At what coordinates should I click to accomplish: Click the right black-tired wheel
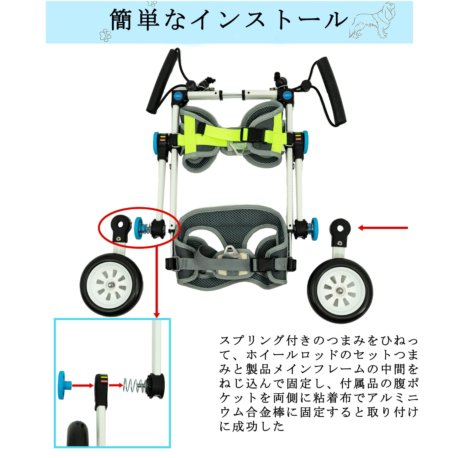[x=340, y=291]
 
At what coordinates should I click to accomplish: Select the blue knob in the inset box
[x=62, y=385]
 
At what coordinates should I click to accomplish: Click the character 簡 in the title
[x=121, y=19]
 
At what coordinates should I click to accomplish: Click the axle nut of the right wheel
[x=340, y=291]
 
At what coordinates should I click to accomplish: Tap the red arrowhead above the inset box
[x=157, y=315]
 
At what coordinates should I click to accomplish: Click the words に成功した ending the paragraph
[x=252, y=426]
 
